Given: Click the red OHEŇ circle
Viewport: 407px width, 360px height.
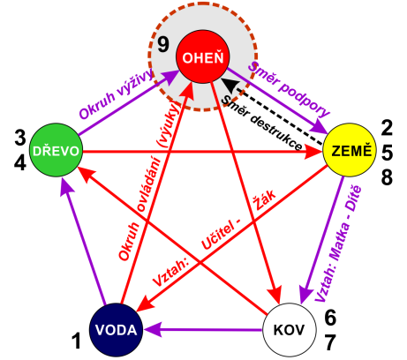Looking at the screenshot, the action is [202, 56].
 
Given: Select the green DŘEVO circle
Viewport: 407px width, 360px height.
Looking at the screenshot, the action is [56, 150].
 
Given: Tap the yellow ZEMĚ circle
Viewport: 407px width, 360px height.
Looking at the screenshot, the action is [350, 150].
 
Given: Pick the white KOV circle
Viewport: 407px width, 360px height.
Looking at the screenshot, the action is [289, 330].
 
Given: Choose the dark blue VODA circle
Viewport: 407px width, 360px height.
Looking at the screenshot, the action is [117, 330].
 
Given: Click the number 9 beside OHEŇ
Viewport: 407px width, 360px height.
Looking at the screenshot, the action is [163, 45].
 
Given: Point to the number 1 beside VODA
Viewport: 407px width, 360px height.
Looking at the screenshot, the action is [76, 341].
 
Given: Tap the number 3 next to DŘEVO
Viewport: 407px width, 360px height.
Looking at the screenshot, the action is [20, 138].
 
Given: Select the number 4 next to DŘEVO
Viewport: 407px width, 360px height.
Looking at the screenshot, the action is [20, 162].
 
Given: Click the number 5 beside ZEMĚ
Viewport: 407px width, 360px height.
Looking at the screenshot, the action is [388, 153].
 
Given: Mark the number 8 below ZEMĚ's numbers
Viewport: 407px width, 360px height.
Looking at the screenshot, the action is [388, 177].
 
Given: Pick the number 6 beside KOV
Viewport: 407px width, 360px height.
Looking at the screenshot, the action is [330, 318].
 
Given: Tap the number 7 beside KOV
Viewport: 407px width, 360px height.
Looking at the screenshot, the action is [330, 342].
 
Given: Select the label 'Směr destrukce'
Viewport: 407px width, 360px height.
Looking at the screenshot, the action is [261, 123].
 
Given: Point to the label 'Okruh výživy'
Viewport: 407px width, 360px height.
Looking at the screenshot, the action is [117, 94].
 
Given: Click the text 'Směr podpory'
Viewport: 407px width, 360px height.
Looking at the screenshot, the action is [289, 89].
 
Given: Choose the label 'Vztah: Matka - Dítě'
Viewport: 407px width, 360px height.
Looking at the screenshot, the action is [338, 244].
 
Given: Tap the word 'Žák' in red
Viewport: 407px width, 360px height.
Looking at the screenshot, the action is [265, 199].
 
